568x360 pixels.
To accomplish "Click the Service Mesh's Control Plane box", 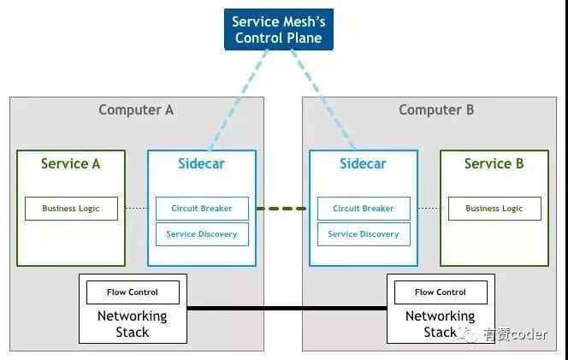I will point(278,29).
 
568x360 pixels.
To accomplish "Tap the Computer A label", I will point(136,109).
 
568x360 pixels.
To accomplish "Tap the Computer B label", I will point(436,109).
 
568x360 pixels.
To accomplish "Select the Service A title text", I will point(70,163).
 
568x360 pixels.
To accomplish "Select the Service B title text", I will point(494,163).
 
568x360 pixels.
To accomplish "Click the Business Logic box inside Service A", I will point(71,209).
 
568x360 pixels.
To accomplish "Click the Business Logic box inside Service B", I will point(494,209).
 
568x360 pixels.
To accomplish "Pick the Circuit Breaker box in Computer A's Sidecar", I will point(202,208).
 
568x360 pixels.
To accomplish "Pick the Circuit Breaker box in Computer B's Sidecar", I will point(364,208).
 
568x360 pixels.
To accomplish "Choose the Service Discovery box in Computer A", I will point(202,233).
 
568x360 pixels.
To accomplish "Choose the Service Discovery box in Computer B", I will point(364,233).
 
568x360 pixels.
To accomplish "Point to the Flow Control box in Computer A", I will point(133,292).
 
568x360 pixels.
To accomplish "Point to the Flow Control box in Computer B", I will point(441,292).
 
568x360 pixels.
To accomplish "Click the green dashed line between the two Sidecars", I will point(281,209).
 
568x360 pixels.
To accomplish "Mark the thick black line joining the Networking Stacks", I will point(287,307).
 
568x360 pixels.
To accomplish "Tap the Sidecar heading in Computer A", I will point(202,163).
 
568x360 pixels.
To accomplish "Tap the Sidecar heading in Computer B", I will point(364,163).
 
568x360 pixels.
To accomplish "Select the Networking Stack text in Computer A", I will point(133,324).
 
